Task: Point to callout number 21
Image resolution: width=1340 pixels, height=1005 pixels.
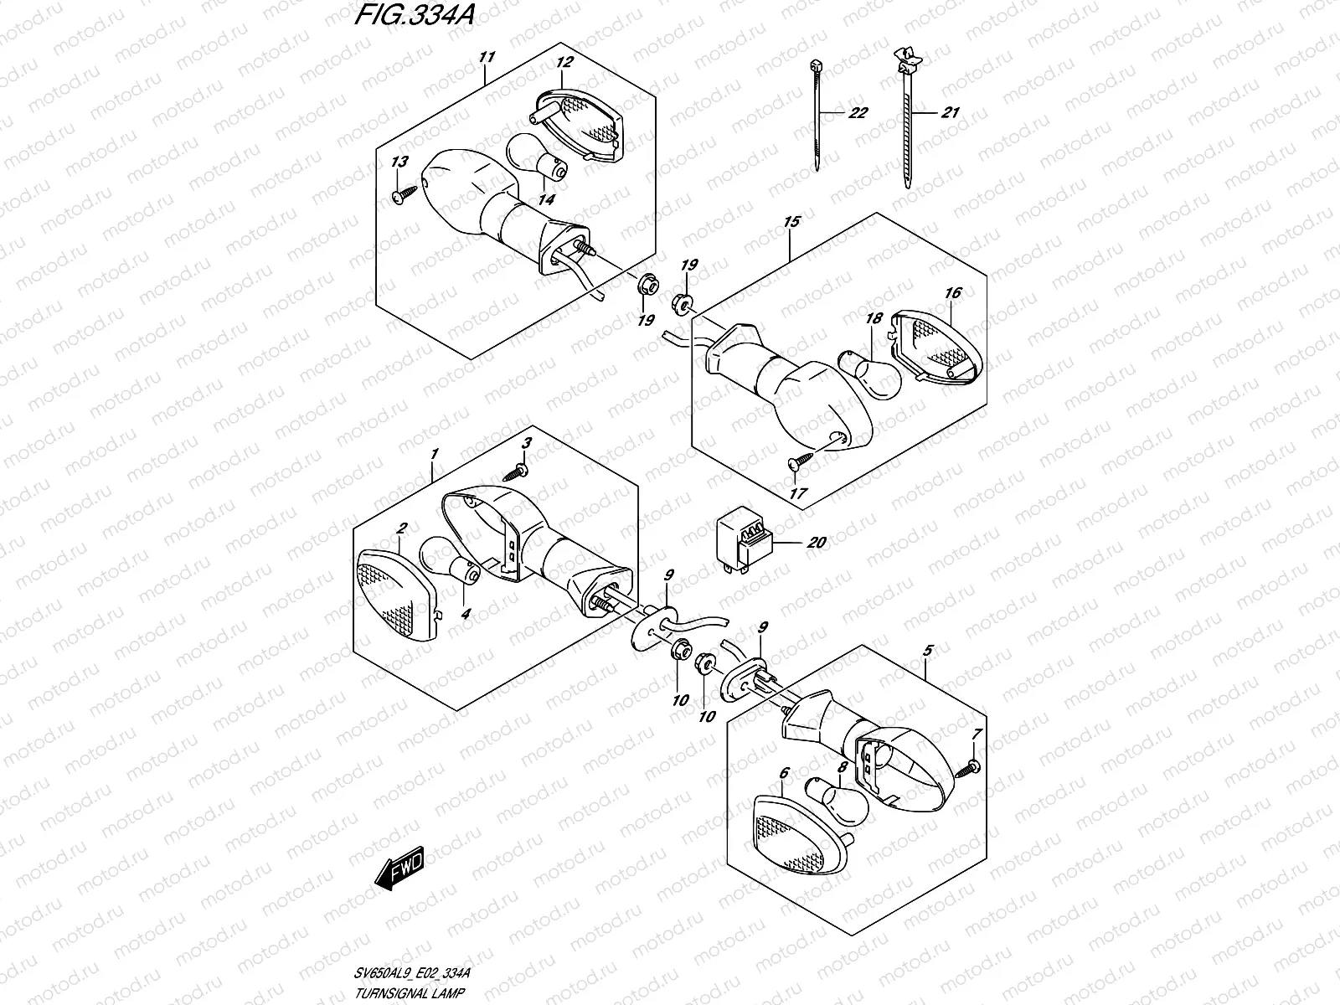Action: tap(949, 113)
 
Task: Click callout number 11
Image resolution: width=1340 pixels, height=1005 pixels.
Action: tap(487, 57)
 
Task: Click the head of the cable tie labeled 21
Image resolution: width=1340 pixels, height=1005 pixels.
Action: tap(906, 59)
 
